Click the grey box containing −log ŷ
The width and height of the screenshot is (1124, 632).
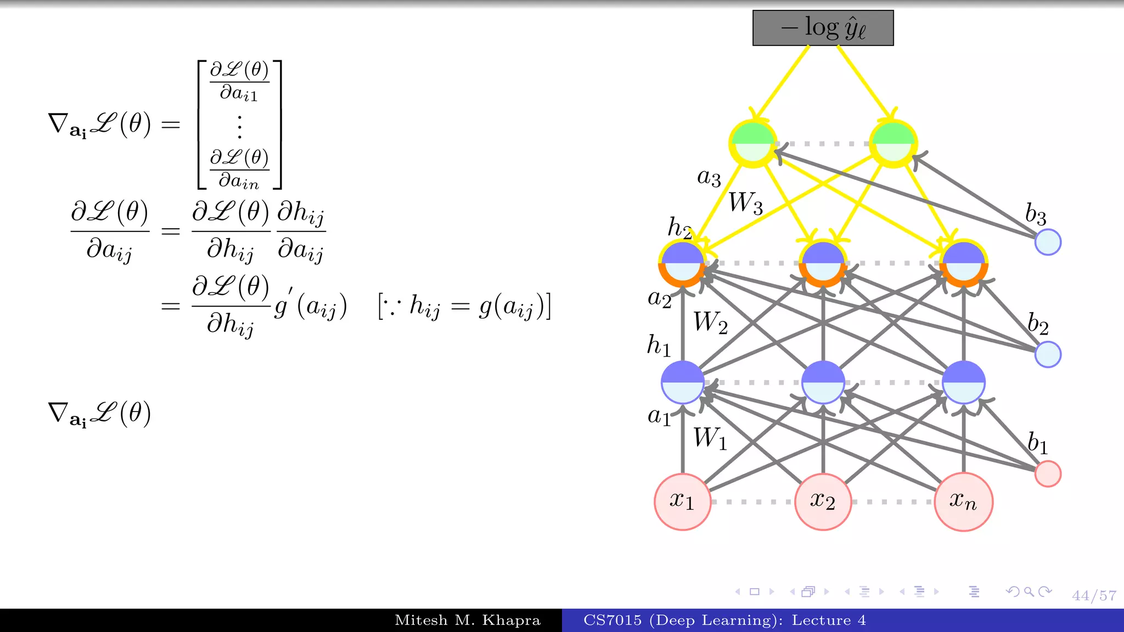[823, 28]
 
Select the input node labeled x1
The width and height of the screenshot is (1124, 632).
[682, 501]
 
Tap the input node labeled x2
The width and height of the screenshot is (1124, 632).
[823, 501]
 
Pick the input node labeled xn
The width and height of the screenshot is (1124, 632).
[963, 501]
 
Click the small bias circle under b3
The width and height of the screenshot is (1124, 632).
[1048, 242]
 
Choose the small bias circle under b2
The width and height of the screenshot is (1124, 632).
[1048, 354]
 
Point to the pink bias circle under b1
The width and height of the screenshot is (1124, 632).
[1048, 473]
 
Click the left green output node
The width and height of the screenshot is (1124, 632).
[753, 143]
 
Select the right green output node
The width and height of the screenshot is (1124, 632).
[893, 143]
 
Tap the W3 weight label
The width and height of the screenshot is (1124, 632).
[745, 202]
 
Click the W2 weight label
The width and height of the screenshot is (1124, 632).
[710, 322]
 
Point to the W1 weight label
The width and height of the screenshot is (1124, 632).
[710, 438]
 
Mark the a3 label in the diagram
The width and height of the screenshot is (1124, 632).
[709, 177]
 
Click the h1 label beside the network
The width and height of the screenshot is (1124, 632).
[659, 346]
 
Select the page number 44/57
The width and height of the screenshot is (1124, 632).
[1094, 596]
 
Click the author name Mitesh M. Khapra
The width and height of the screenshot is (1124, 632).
[468, 620]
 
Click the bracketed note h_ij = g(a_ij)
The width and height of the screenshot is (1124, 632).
[464, 306]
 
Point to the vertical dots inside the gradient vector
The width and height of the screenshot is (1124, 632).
[239, 126]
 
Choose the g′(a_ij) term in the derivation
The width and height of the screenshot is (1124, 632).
[311, 306]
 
